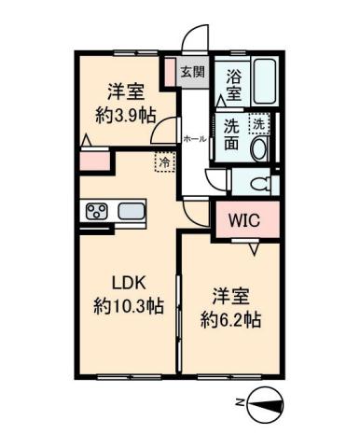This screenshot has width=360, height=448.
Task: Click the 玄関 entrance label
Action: click(193, 72)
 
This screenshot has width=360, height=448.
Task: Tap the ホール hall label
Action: click(195, 138)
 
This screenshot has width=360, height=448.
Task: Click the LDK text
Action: click(130, 283)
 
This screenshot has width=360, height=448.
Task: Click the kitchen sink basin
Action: click(132, 211)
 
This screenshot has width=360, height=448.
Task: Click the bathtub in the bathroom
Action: click(262, 83)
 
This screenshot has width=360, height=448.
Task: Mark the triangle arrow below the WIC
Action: click(253, 249)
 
